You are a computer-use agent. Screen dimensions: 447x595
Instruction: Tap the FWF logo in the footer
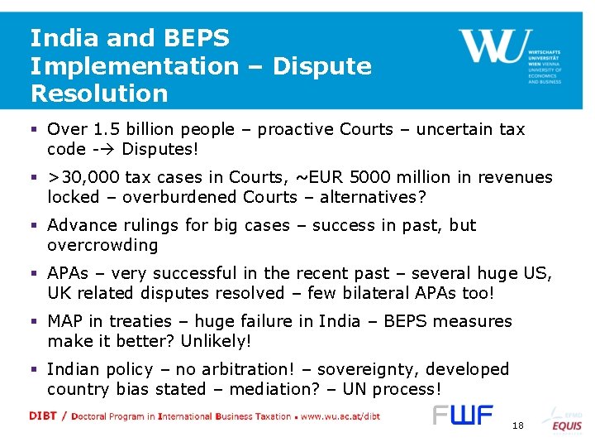[463, 416]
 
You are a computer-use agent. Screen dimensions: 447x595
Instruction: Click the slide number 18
[518, 425]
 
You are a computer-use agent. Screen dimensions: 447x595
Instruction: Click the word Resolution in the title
[99, 93]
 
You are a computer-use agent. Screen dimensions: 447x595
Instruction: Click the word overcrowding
[102, 245]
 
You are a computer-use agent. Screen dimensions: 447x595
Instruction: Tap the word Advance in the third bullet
[78, 225]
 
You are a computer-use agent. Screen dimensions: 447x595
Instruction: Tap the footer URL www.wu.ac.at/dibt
[340, 416]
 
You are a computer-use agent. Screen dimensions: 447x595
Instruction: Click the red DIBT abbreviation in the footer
[43, 416]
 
